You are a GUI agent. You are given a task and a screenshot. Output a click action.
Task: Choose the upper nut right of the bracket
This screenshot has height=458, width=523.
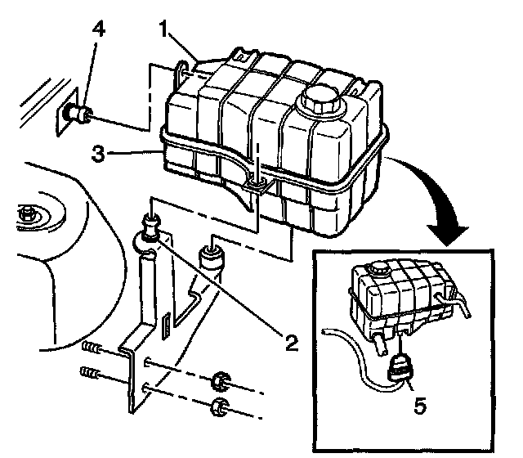pos(219,380)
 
